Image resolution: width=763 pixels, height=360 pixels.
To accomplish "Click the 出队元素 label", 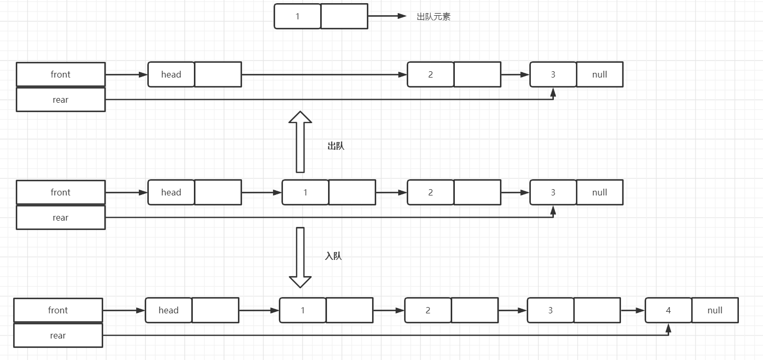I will (x=433, y=17).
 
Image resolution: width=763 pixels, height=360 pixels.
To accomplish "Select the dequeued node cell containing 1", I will (x=298, y=16).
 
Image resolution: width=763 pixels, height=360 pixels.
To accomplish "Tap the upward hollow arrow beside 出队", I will (x=300, y=141).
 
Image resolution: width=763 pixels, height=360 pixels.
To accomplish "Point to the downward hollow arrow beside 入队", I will (x=300, y=257).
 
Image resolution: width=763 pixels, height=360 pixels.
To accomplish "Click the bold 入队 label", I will (x=333, y=256).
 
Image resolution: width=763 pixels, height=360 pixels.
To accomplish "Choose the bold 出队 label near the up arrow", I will (x=336, y=146).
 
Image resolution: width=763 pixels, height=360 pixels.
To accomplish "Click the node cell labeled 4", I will (x=668, y=310).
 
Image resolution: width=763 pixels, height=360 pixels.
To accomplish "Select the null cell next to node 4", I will (x=715, y=310).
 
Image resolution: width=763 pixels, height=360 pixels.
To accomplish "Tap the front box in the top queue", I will (x=61, y=74).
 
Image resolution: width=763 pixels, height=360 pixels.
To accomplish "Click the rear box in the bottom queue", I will (x=58, y=335).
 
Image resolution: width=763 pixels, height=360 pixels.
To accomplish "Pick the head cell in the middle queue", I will (x=171, y=192).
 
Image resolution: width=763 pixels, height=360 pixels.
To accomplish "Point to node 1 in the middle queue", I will (x=306, y=192).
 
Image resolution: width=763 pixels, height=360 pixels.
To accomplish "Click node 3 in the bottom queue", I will (x=550, y=310).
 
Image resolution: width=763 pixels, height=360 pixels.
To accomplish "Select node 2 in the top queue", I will (x=431, y=74).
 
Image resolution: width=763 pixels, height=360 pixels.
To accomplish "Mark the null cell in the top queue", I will (x=599, y=74).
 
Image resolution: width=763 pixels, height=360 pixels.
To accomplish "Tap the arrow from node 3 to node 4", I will (x=633, y=310).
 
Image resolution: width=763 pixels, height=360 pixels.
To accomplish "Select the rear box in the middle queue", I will (x=61, y=217).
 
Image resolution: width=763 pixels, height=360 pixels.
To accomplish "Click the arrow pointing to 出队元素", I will (x=387, y=16).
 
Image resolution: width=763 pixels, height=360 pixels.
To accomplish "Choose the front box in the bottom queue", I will (x=58, y=310).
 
